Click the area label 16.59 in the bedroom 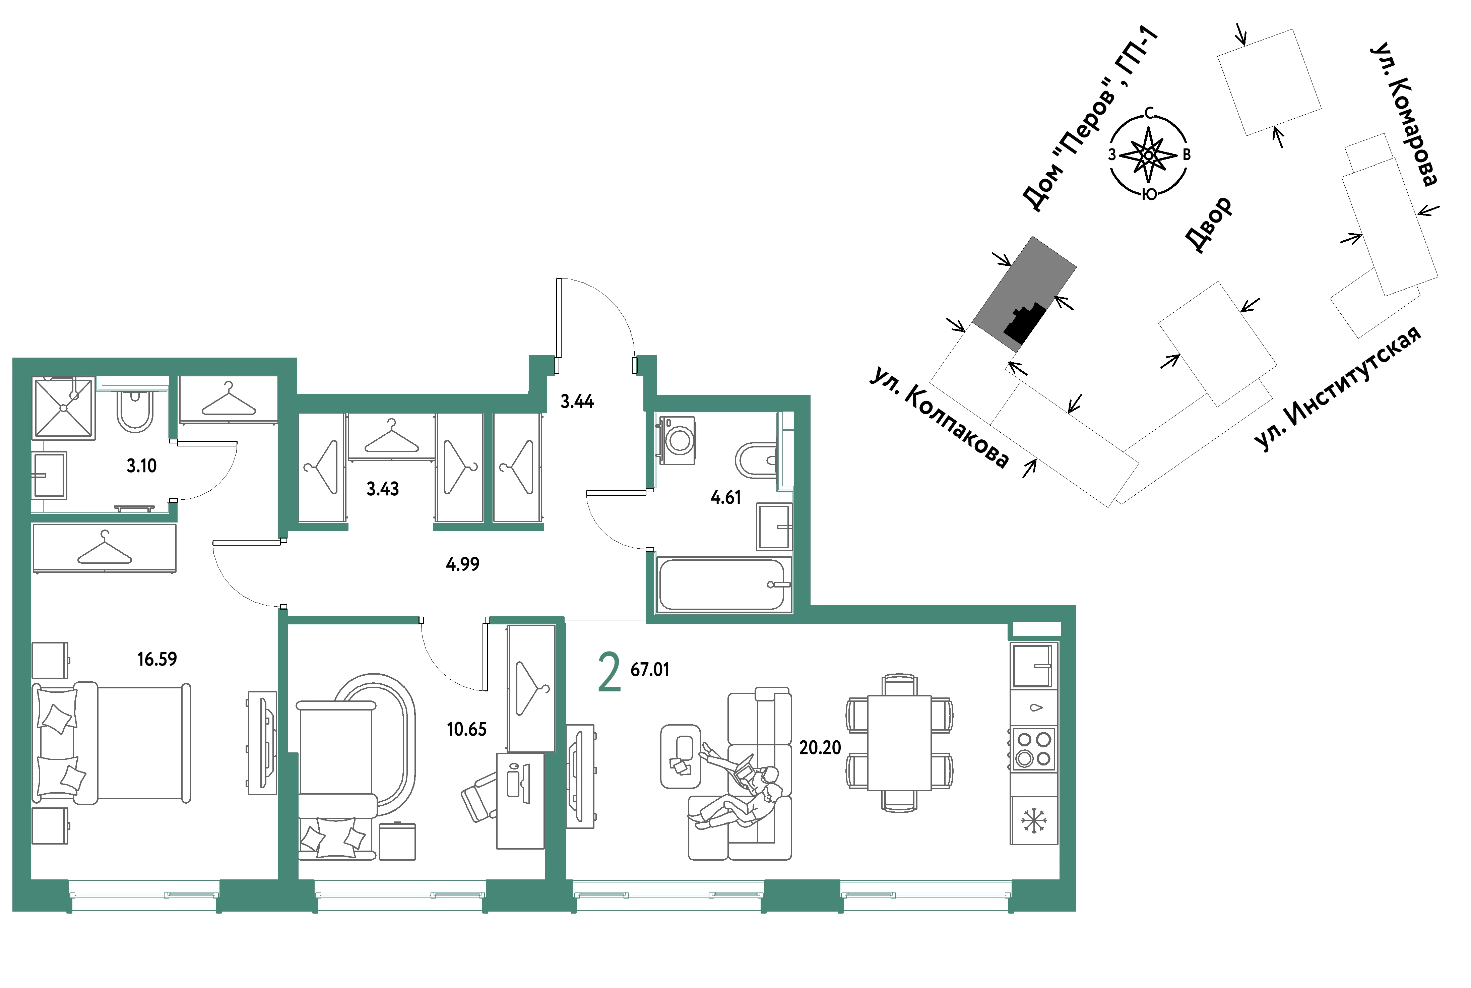coord(157,659)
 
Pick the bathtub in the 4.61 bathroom coord(722,584)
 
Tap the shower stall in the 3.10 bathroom coord(64,408)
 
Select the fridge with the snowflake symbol coord(1034,820)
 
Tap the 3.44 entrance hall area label coord(577,402)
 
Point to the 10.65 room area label coord(467,730)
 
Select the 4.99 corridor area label coord(462,564)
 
